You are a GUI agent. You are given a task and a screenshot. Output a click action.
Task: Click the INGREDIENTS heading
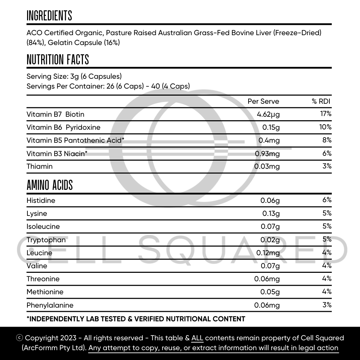49,16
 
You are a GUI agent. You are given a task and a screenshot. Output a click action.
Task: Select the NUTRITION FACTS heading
58,60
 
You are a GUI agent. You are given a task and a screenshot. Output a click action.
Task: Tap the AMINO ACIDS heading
50,185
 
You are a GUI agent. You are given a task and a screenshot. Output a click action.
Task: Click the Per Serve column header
263,101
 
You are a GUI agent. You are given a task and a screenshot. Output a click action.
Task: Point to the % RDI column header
321,101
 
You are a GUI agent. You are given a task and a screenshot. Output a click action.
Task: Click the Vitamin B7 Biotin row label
55,114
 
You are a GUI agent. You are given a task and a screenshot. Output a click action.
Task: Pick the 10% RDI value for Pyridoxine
325,127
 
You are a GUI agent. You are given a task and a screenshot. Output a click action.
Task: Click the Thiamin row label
39,166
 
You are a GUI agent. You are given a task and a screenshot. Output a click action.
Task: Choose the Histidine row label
41,200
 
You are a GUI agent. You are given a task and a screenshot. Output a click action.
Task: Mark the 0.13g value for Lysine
271,213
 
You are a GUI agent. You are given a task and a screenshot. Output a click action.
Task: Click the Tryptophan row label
46,240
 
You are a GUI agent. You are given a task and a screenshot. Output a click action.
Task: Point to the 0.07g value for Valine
270,266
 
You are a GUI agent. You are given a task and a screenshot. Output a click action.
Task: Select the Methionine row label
45,292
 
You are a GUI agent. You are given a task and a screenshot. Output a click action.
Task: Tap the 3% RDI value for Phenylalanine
327,305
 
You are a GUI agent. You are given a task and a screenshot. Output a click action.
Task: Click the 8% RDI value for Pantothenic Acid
327,140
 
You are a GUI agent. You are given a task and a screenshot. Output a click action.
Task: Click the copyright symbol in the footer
20,338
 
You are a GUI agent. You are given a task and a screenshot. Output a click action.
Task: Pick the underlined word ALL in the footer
197,338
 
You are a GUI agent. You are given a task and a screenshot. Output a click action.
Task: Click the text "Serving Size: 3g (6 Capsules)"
74,76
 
